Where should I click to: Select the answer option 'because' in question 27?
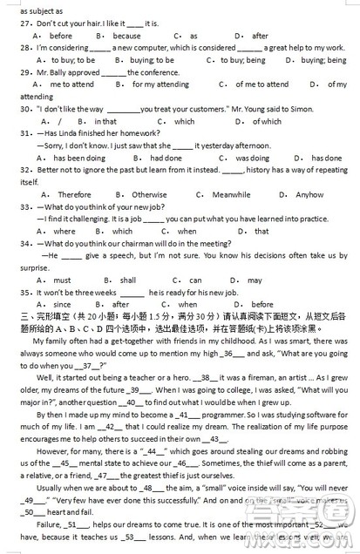[126, 36]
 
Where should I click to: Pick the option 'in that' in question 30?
[105, 121]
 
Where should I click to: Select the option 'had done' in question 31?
[166, 158]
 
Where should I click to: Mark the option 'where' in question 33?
[65, 231]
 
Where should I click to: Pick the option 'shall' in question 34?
[128, 280]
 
